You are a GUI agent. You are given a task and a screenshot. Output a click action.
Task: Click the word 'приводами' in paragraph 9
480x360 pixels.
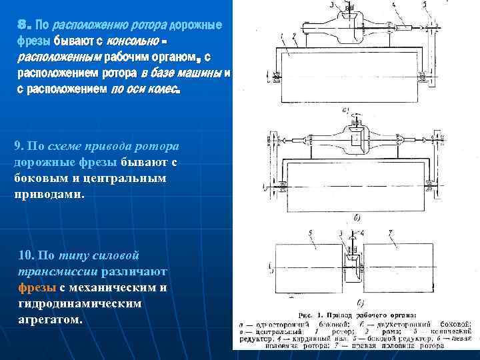pos(48,195)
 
